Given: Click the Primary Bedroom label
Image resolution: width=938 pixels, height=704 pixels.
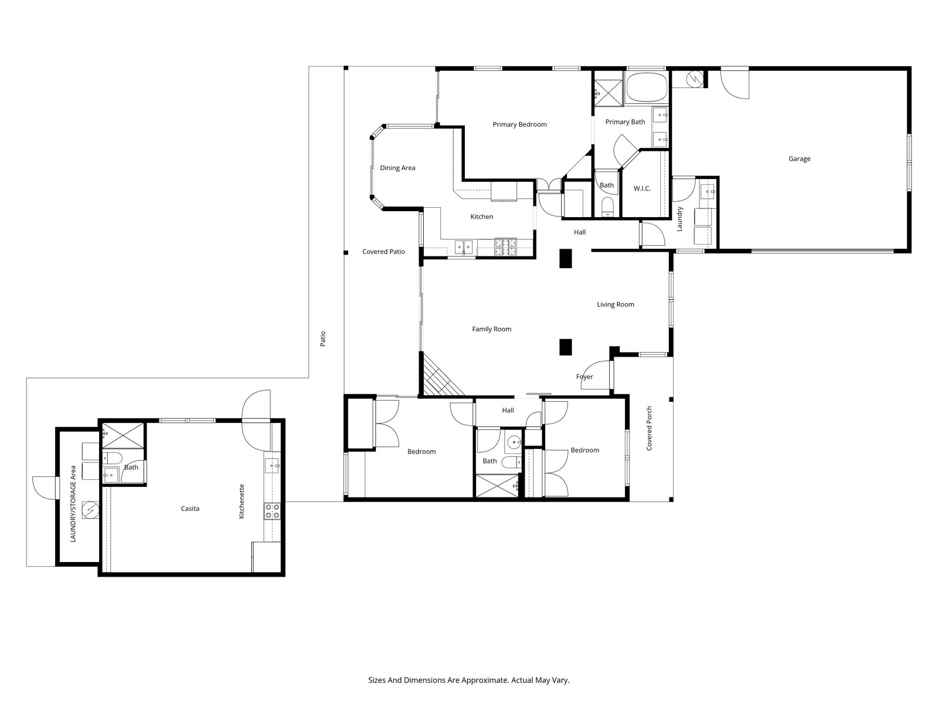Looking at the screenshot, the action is point(519,124).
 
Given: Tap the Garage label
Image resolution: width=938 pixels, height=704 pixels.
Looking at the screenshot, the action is point(800,158).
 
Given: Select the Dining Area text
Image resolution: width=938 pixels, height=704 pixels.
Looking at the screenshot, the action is point(397,168).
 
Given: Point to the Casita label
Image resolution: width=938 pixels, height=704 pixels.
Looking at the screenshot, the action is point(190,509).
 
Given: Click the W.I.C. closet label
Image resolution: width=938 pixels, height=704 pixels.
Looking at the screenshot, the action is point(642,188).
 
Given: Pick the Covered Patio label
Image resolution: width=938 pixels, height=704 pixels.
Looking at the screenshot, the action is point(383,252).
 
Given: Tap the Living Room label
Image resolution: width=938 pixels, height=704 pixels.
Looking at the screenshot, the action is point(616,304).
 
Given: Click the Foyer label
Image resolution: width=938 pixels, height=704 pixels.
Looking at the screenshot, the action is point(584,377).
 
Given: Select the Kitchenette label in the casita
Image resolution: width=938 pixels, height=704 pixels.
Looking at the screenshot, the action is point(242,502).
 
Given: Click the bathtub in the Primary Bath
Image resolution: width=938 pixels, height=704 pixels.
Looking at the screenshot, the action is point(646,87).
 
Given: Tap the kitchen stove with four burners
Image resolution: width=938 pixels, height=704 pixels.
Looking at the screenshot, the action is point(505,247).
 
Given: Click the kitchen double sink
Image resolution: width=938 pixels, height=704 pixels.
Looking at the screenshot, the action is point(464,247).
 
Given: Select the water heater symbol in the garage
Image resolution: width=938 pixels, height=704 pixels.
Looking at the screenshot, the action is point(695,79).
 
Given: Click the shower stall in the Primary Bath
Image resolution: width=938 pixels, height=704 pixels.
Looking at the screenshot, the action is point(609,88).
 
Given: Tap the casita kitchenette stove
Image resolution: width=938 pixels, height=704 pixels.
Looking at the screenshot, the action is point(272,511).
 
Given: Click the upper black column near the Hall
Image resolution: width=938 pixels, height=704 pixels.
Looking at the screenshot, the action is point(565,259).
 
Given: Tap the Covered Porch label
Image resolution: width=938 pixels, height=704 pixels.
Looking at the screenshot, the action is point(649,428).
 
